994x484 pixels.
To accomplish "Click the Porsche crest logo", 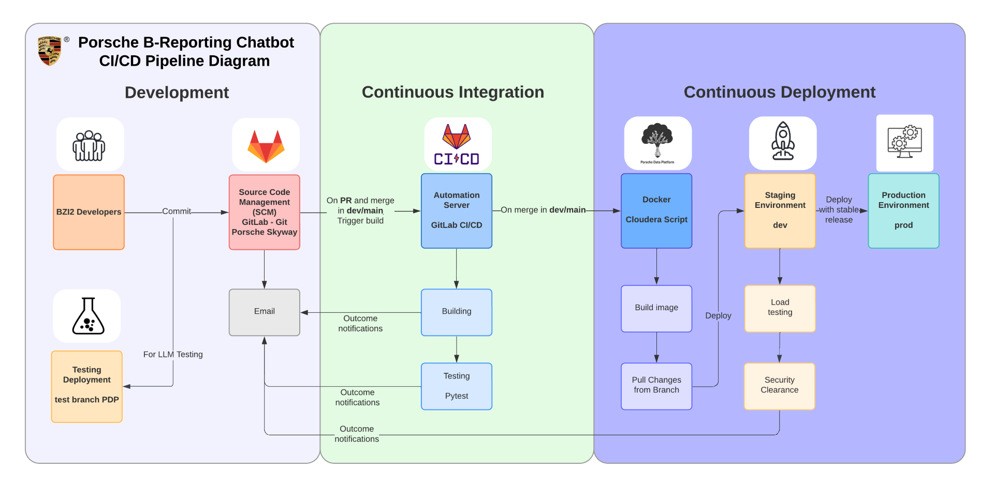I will [x=50, y=51].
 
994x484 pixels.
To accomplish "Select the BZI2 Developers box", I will [x=89, y=212].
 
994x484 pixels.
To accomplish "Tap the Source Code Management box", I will [x=264, y=212].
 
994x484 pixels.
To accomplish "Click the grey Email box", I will [x=264, y=312].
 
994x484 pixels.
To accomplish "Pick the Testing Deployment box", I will [x=87, y=386].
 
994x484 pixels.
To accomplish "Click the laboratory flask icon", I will [x=87, y=316].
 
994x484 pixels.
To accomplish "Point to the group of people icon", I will [x=89, y=145].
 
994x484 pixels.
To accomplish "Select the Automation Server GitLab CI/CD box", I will [x=456, y=210].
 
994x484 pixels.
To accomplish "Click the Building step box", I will [x=456, y=312].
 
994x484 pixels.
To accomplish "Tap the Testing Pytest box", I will [x=456, y=386].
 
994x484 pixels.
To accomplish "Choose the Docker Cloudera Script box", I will [x=656, y=210].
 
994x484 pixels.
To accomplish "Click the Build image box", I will [x=656, y=308].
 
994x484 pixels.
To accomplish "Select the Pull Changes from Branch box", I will [x=656, y=386].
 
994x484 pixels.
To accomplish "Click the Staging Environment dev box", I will [x=780, y=210].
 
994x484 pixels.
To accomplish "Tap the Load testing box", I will [x=780, y=308].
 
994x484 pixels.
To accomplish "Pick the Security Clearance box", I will [x=779, y=386].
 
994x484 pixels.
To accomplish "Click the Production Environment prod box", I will [x=903, y=210].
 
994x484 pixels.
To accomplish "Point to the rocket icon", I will [x=783, y=142].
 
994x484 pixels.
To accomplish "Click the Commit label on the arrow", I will [x=177, y=211].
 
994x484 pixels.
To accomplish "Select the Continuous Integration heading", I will [x=452, y=92].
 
